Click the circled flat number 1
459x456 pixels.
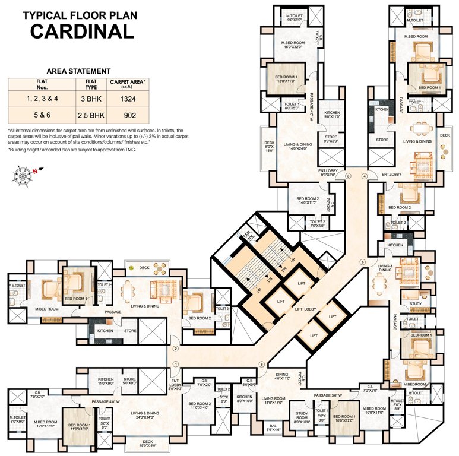[175, 364]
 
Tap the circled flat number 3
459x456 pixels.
[349, 176]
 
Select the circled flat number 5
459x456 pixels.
[362, 262]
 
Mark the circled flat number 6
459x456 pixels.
[261, 364]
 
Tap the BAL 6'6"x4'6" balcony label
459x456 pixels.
[273, 427]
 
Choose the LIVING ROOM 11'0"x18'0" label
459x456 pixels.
[275, 401]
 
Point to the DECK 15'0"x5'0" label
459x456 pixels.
[147, 443]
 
